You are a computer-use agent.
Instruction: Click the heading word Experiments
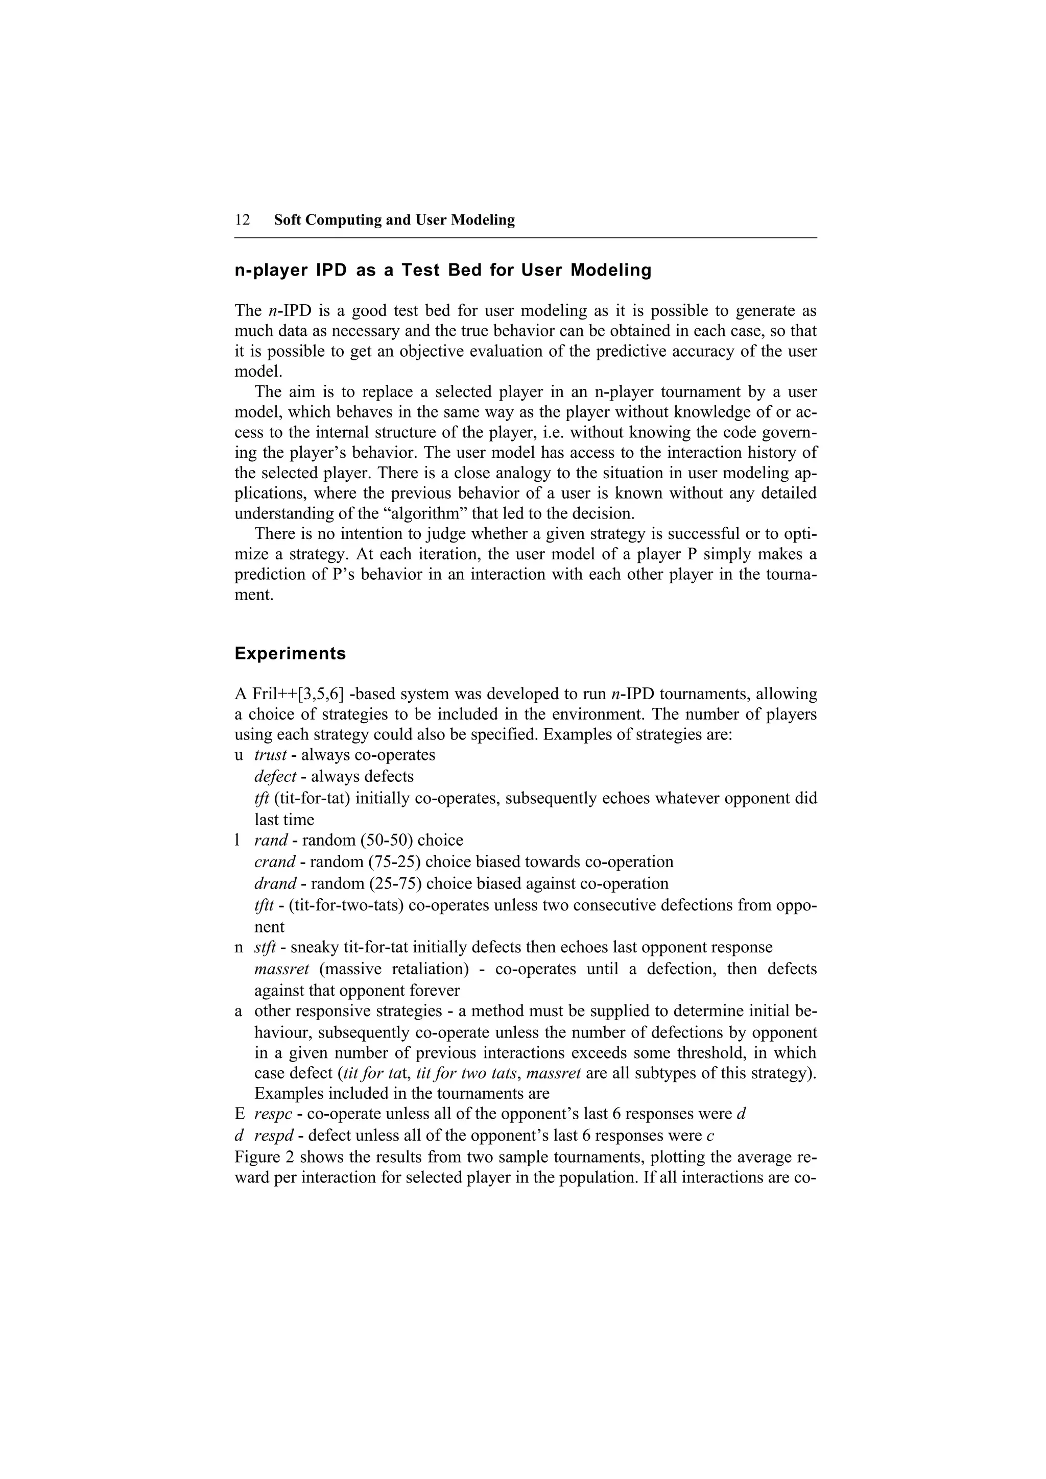pos(290,654)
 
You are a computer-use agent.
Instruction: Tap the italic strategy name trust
pos(270,755)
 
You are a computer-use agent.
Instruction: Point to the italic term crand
pos(275,862)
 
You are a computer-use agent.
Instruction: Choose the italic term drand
pos(275,883)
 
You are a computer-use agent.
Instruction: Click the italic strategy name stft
pos(266,948)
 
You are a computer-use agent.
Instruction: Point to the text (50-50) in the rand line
pos(374,841)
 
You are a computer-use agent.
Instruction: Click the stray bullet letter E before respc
pos(239,1114)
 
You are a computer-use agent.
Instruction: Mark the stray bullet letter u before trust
pos(239,755)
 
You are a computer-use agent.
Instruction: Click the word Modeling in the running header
pos(483,220)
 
